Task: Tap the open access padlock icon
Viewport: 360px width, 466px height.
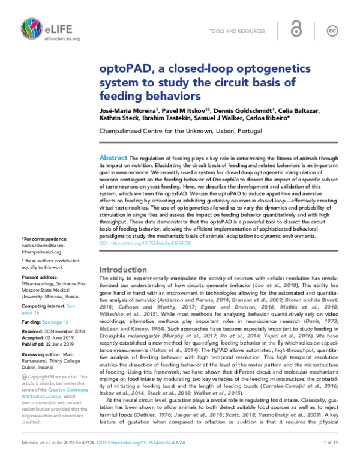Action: click(296, 31)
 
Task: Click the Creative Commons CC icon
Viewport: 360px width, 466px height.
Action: click(332, 31)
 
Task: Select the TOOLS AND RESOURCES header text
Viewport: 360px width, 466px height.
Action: click(238, 31)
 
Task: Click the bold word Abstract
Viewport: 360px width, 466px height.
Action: click(111, 157)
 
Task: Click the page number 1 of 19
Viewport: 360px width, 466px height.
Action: click(328, 459)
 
